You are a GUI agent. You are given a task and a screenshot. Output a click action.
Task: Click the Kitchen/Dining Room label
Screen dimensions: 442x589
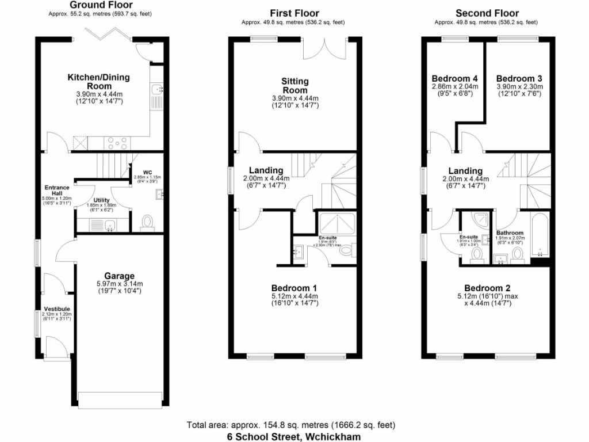99,82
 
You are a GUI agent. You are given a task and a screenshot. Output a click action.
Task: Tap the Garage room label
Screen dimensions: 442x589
119,276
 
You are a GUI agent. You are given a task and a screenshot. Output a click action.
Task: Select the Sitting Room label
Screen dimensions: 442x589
294,86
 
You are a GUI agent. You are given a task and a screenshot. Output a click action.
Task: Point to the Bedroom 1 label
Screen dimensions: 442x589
294,288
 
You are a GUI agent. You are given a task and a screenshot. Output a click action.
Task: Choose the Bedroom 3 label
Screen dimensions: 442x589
519,79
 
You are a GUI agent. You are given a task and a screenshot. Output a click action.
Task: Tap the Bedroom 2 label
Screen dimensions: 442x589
487,288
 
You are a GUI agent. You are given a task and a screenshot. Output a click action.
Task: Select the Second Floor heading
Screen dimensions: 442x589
487,13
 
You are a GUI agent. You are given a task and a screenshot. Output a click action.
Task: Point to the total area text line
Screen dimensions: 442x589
291,425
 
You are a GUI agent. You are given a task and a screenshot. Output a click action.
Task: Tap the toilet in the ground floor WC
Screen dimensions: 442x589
148,222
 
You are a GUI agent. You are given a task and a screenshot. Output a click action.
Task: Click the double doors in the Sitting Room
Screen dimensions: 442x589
325,49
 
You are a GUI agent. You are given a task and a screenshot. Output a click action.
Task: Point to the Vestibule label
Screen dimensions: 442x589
56,309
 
